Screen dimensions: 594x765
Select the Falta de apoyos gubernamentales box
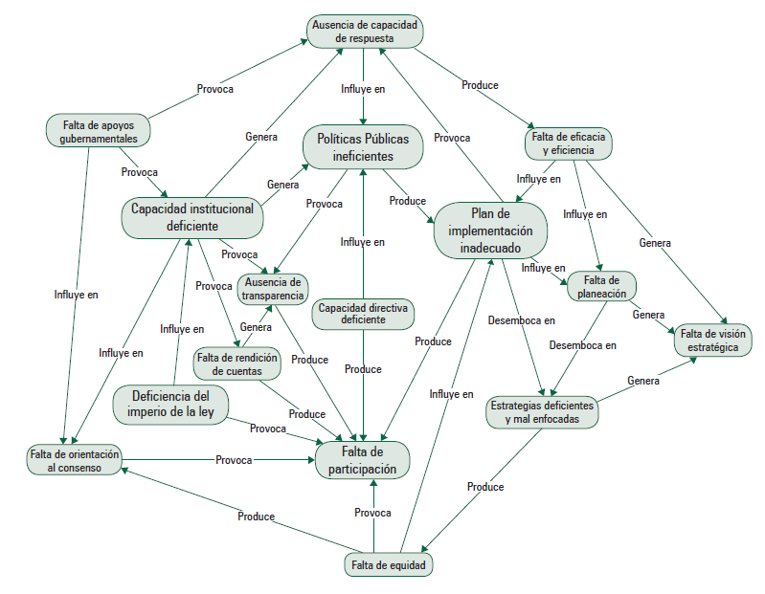93,131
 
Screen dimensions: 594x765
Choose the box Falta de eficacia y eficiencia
568,143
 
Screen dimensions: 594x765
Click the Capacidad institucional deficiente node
192,217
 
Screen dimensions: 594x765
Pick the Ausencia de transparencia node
273,289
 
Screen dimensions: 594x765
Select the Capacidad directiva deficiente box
363,314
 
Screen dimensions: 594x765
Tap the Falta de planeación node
601,287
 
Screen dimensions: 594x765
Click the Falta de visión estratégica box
712,340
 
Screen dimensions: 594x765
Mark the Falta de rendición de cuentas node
236,364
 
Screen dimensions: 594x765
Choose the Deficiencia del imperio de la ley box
171,405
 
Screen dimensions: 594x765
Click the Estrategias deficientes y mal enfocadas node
542,412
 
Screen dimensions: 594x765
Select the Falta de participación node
363,459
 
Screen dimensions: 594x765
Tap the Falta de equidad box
388,565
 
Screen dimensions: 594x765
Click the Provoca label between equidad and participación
372,513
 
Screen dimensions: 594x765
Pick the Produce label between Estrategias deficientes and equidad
485,487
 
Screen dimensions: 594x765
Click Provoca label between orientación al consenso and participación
233,460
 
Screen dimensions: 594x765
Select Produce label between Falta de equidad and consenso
256,517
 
